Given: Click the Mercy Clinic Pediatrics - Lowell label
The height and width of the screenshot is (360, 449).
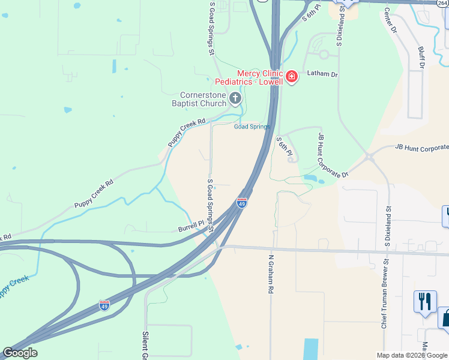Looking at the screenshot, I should (260, 77).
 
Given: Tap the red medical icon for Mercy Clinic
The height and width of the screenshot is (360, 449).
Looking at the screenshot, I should (292, 77).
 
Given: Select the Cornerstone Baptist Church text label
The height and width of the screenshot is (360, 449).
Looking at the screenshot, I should (203, 99).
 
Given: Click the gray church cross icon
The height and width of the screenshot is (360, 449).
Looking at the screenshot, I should (235, 98).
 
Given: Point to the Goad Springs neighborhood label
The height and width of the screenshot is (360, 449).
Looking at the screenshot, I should (252, 127).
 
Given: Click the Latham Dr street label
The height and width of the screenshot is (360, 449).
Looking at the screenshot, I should (323, 74).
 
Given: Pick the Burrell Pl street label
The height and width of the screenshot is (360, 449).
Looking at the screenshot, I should (191, 229).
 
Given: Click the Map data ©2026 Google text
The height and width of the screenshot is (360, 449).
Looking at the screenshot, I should (411, 355).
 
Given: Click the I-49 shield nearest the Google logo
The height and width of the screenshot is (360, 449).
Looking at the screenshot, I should (104, 305).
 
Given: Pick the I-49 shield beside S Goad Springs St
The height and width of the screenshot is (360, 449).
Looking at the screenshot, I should (242, 203).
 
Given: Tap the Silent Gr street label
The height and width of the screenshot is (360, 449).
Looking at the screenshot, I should (145, 345).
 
